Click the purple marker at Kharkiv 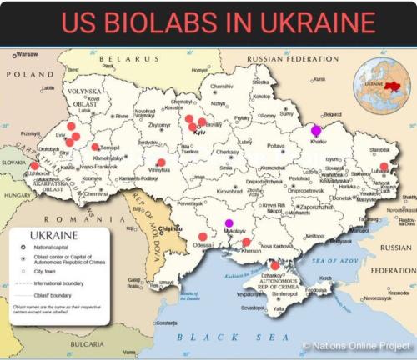pos(316,130)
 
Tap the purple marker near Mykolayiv pos(229,222)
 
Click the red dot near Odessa pos(203,237)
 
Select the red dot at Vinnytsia pos(161,162)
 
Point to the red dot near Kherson pos(246,242)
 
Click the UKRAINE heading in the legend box pos(54,236)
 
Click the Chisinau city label pos(171,227)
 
